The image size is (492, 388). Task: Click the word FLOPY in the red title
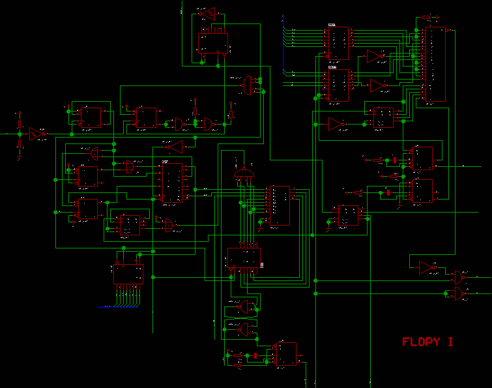[420, 342]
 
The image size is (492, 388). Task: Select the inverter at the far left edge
[36, 134]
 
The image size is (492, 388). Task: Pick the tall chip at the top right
[435, 65]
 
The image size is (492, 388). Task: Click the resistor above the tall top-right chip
[426, 18]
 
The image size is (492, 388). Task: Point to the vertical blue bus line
[283, 46]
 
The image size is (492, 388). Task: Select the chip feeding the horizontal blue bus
[128, 273]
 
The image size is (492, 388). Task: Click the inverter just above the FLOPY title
[427, 267]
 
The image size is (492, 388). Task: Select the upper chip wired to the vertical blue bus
[338, 42]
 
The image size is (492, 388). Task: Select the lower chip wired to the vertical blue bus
[338, 85]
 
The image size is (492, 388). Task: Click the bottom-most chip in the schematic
[285, 354]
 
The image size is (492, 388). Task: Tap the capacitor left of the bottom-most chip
[256, 355]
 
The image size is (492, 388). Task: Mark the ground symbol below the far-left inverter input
[18, 157]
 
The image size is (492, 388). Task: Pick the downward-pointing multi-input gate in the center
[243, 172]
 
